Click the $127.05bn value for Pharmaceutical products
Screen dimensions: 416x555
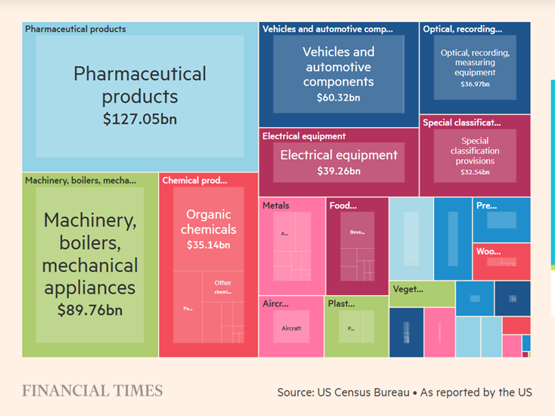(x=140, y=119)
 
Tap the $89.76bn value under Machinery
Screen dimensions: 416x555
(x=89, y=309)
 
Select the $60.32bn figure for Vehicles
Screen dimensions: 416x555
(x=338, y=98)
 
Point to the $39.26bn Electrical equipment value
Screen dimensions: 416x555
(x=338, y=172)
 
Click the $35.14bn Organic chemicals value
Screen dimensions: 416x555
(x=208, y=245)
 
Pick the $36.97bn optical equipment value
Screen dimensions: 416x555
(x=475, y=84)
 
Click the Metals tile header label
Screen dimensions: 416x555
(x=276, y=205)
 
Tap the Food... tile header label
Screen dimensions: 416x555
(x=342, y=205)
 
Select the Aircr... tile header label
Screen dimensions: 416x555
(x=276, y=303)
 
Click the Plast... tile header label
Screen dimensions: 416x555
(x=341, y=303)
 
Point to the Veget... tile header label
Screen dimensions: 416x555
(x=408, y=289)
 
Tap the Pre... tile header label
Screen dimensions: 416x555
(x=486, y=205)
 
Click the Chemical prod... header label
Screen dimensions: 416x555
(x=195, y=181)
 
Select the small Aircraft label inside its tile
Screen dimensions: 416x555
(x=292, y=328)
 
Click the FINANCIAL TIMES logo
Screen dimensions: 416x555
(x=92, y=391)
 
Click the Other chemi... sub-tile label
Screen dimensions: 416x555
(x=223, y=287)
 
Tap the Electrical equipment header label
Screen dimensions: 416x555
(x=304, y=136)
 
